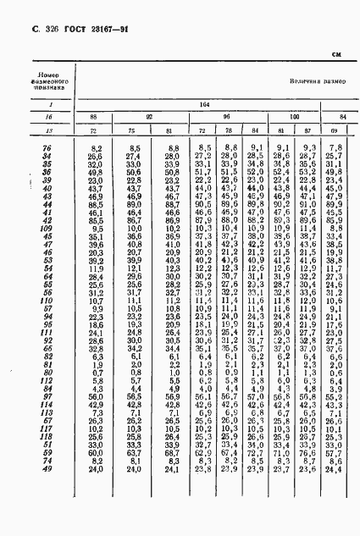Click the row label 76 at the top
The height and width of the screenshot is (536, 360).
(47, 149)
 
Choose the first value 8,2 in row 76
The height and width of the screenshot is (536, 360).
(94, 149)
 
